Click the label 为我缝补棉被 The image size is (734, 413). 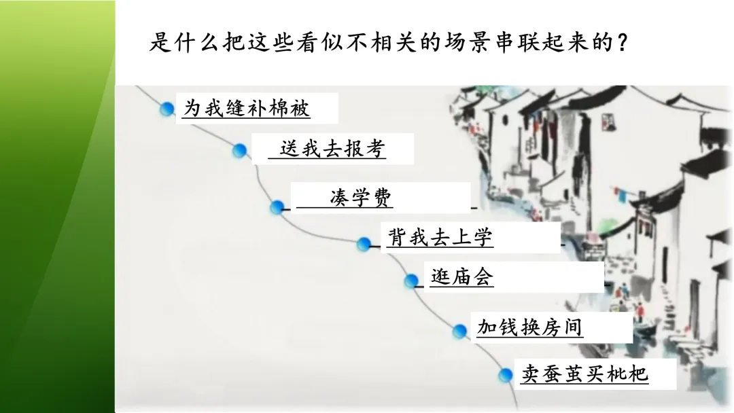point(246,108)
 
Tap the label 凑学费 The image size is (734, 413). point(360,198)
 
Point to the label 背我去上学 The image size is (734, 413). point(440,238)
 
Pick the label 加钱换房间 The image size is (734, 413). point(529,328)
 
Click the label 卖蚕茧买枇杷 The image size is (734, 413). point(585,374)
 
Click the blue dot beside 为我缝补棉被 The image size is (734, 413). point(167,109)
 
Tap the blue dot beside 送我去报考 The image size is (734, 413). point(239,150)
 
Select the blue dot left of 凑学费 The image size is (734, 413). point(277,206)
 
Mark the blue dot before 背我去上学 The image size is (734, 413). point(364,243)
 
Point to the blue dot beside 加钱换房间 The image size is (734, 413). point(460,331)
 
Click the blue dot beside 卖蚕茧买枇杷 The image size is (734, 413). point(506,374)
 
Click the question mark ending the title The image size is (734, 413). point(619,44)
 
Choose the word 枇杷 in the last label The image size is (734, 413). point(628,374)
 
